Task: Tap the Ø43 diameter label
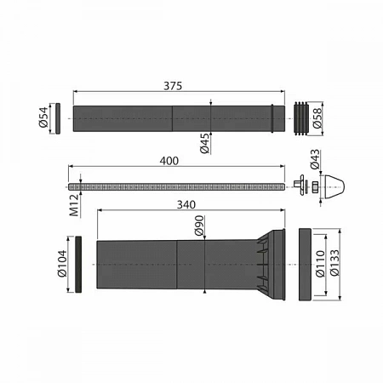point(314,160)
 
